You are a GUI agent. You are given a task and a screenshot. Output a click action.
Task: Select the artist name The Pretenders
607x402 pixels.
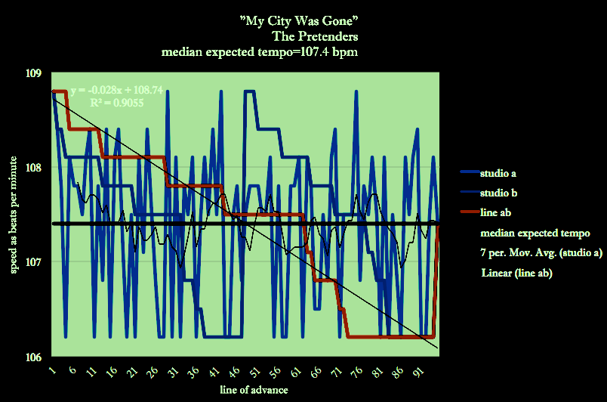click(x=315, y=36)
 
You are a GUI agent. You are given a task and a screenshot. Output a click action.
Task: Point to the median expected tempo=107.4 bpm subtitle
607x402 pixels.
click(x=260, y=52)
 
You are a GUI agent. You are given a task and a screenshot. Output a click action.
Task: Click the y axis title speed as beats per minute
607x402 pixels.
click(x=13, y=215)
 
